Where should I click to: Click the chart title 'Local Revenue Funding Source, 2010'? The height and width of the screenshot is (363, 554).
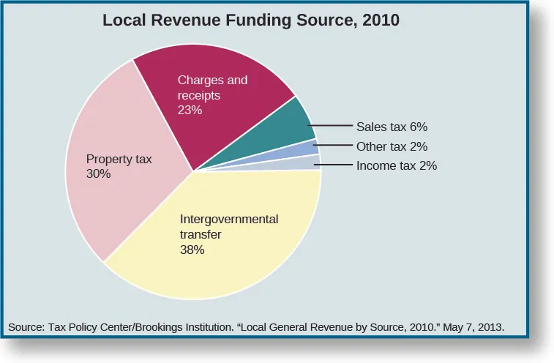(x=251, y=20)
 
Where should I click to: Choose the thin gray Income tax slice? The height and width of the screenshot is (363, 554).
(x=310, y=163)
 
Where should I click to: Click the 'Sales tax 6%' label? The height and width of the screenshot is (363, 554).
(x=391, y=126)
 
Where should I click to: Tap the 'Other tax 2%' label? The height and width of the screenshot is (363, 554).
(x=392, y=146)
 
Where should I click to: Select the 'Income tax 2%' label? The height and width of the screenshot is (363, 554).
(x=396, y=165)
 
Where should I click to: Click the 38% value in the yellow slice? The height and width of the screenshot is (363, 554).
(x=192, y=250)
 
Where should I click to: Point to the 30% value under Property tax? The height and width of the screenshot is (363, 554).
(x=98, y=174)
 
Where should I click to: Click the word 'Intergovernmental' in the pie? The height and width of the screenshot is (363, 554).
(x=229, y=219)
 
